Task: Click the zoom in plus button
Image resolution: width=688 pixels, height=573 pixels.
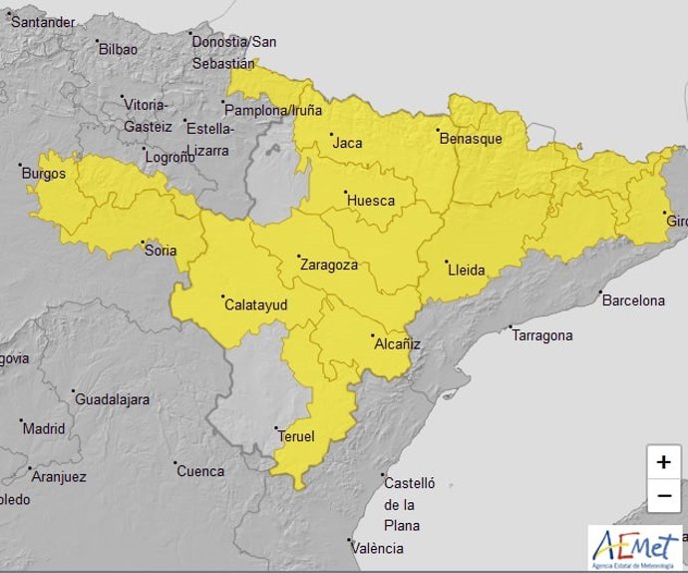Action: pyautogui.click(x=663, y=462)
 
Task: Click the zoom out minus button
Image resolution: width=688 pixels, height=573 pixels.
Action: pyautogui.click(x=663, y=495)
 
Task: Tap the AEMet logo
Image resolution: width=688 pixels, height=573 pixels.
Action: pyautogui.click(x=635, y=548)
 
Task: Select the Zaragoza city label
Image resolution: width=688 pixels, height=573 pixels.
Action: pyautogui.click(x=328, y=266)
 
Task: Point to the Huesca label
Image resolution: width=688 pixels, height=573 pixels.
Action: pyautogui.click(x=370, y=201)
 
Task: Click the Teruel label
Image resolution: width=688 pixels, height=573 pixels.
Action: pyautogui.click(x=296, y=437)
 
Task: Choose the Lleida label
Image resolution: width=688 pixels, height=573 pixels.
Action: pyautogui.click(x=466, y=270)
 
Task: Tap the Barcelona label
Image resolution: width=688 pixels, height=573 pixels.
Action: pyautogui.click(x=632, y=299)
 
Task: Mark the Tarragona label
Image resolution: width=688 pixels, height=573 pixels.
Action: pyautogui.click(x=541, y=335)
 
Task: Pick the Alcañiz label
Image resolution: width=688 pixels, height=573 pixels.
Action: pyautogui.click(x=397, y=344)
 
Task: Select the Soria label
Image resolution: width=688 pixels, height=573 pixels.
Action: pyautogui.click(x=161, y=250)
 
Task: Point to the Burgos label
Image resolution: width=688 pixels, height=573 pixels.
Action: pyautogui.click(x=43, y=174)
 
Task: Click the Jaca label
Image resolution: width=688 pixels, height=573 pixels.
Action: pyautogui.click(x=347, y=143)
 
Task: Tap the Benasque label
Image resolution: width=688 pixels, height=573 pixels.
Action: pyautogui.click(x=471, y=139)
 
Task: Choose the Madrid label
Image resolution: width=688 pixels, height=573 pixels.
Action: pyautogui.click(x=44, y=429)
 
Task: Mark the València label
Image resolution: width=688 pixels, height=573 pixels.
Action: pyautogui.click(x=378, y=548)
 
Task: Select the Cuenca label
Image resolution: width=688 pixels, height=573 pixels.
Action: pyautogui.click(x=200, y=471)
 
